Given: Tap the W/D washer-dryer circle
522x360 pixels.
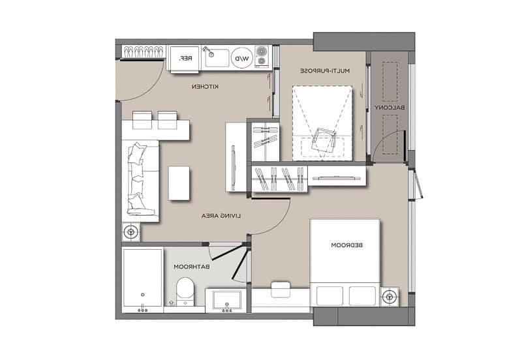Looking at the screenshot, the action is coord(242,58).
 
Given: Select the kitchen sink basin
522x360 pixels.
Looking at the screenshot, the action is coord(217,58).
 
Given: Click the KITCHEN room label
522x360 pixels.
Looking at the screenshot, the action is coord(205,87).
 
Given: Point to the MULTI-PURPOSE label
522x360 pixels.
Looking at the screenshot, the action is coord(325,71).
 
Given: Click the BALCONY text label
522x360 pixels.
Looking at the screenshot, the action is coord(390,108).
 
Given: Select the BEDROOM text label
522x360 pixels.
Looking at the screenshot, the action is coord(347,245).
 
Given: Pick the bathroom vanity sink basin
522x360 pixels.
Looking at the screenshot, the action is coord(227,299).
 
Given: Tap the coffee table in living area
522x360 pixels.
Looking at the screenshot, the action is coord(179,183).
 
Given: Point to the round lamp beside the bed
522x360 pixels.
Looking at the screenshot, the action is coord(389,297).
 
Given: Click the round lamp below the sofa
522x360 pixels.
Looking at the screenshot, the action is coord(131,232).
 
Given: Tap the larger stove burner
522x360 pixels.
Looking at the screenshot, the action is coord(262,52).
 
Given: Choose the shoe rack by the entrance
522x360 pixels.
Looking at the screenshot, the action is coord(144,52).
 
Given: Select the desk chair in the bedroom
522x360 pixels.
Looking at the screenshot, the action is coord(281,290).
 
